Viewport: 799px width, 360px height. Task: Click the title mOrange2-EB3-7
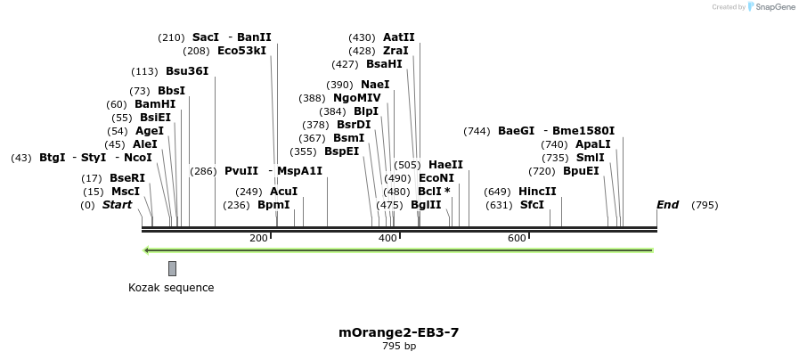pyautogui.click(x=398, y=332)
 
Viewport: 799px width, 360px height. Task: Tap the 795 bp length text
pyautogui.click(x=398, y=347)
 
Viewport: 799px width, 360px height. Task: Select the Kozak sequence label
pyautogui.click(x=171, y=288)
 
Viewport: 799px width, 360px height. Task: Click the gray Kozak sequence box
pyautogui.click(x=172, y=268)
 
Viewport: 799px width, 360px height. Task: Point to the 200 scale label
pyautogui.click(x=258, y=238)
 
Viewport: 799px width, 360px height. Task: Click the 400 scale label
pyautogui.click(x=387, y=238)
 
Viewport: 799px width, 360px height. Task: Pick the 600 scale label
pyautogui.click(x=517, y=238)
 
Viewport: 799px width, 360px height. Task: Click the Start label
pyautogui.click(x=117, y=205)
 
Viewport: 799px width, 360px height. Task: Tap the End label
pyautogui.click(x=667, y=205)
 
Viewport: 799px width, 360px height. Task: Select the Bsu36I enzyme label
pyautogui.click(x=187, y=71)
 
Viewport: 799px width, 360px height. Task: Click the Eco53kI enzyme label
pyautogui.click(x=241, y=51)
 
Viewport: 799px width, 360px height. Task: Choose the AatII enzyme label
pyautogui.click(x=399, y=37)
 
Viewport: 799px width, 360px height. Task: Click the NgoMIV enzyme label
pyautogui.click(x=356, y=98)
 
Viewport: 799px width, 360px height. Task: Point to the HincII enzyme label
pyautogui.click(x=537, y=192)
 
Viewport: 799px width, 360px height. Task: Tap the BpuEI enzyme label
pyautogui.click(x=581, y=171)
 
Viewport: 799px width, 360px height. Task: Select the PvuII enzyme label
pyautogui.click(x=241, y=171)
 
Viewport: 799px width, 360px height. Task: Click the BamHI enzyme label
pyautogui.click(x=155, y=104)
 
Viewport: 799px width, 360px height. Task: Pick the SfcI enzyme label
pyautogui.click(x=532, y=205)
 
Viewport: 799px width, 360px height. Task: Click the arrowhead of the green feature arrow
pyautogui.click(x=147, y=250)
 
